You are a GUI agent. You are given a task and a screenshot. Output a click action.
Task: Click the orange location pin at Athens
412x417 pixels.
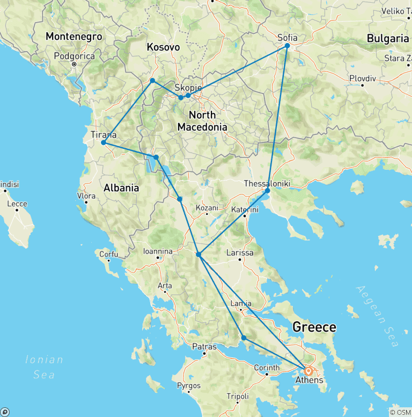tap(308, 371)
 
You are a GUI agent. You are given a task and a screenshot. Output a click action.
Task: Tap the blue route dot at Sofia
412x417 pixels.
tap(287, 46)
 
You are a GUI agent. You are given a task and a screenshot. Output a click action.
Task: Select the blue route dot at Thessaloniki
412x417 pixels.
tap(267, 190)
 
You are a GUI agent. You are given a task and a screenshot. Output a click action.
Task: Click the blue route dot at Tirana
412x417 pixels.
tap(103, 143)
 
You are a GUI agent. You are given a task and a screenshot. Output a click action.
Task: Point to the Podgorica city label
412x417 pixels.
tap(75, 56)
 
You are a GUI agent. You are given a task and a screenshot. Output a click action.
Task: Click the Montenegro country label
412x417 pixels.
tap(73, 37)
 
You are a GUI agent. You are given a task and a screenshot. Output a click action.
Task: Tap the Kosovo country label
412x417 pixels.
tap(163, 47)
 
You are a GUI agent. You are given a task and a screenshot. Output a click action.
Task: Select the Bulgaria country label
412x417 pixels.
tap(387, 38)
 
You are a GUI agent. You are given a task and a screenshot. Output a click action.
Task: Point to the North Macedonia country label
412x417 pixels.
tap(203, 121)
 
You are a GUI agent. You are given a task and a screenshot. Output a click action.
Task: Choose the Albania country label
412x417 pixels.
tap(121, 188)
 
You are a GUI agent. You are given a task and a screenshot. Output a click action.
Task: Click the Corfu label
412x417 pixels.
tap(108, 253)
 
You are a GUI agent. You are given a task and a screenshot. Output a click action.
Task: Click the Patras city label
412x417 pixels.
tap(204, 347)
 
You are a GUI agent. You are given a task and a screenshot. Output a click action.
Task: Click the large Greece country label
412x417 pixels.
tap(314, 327)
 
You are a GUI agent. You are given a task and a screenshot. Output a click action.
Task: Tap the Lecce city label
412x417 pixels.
tap(17, 204)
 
